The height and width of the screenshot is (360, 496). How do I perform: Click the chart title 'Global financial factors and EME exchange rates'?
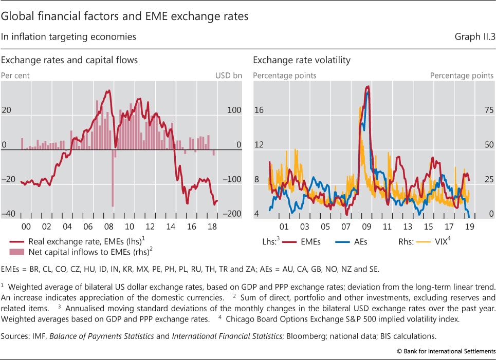[x=124, y=16]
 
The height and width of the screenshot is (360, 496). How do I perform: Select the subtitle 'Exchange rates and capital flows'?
[x=69, y=60]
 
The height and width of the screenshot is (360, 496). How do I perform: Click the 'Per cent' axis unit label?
[x=15, y=75]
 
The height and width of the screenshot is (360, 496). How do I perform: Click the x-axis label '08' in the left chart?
[x=108, y=226]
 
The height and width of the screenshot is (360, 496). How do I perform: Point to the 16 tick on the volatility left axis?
[x=259, y=110]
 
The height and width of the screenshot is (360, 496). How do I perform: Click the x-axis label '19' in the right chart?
[x=470, y=226]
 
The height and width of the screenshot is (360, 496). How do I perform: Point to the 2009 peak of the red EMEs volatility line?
[x=368, y=87]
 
